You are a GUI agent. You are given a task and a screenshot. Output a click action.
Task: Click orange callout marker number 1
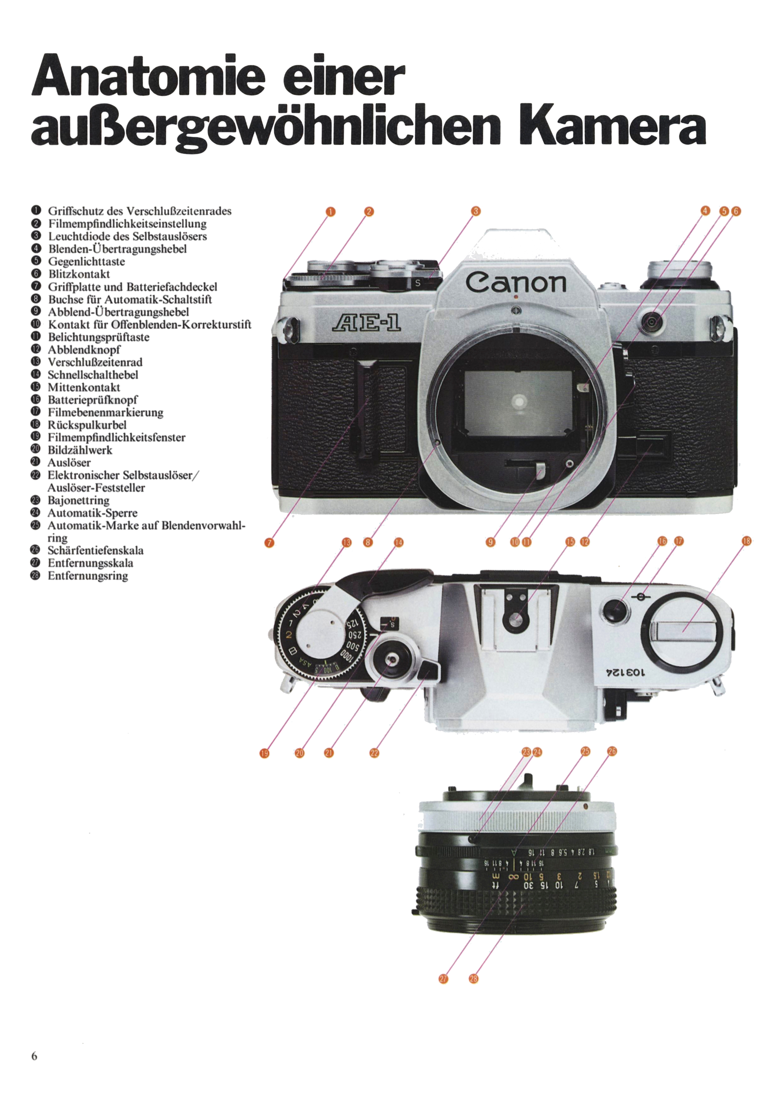coord(331,212)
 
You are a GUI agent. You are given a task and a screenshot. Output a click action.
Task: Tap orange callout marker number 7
coord(269,543)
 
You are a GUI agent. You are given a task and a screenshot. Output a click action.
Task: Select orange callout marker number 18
coord(746,541)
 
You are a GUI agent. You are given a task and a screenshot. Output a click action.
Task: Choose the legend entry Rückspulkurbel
coord(87,425)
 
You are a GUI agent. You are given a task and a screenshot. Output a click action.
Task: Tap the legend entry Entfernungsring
coord(87,575)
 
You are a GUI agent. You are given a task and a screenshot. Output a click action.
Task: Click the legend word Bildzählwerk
coord(80,450)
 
